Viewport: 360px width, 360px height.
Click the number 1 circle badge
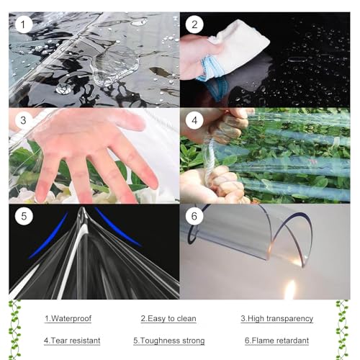click(23, 24)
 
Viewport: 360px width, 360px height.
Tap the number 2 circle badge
click(194, 24)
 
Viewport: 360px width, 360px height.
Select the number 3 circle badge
click(23, 120)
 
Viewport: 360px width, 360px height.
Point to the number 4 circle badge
click(194, 120)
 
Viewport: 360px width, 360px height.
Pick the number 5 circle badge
click(24, 216)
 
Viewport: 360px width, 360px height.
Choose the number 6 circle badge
click(194, 216)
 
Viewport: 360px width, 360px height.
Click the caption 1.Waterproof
click(68, 318)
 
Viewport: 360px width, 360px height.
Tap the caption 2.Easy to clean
click(168, 318)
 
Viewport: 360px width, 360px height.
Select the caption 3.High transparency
click(277, 318)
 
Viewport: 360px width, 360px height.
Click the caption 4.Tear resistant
click(72, 341)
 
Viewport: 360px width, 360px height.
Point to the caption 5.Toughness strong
click(169, 341)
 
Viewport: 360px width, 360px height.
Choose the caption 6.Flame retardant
click(276, 341)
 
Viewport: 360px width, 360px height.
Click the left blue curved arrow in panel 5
click(49, 236)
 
